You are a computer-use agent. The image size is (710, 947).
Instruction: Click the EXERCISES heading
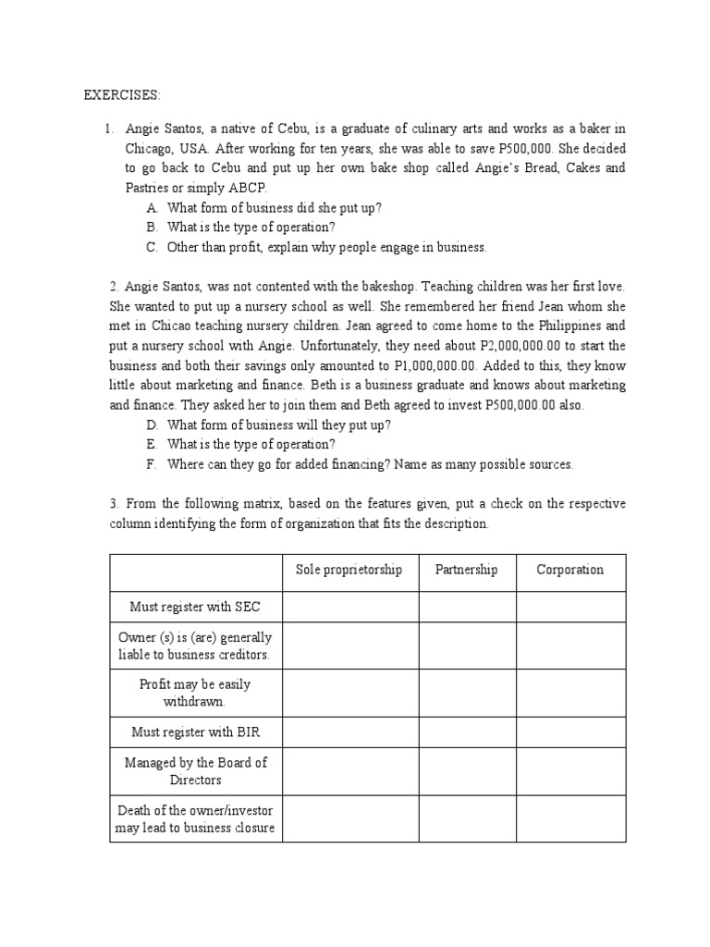[122, 95]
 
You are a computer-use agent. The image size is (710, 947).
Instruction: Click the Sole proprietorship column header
[349, 570]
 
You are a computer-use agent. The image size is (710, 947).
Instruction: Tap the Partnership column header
[466, 570]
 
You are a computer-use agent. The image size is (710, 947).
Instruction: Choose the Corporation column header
[569, 570]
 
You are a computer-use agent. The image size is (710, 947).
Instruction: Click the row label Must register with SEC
[195, 607]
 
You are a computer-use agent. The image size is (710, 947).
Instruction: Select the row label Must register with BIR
[195, 732]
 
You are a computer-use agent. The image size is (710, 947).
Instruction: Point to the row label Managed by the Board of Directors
[195, 771]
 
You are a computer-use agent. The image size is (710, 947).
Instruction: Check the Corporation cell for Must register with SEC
[570, 607]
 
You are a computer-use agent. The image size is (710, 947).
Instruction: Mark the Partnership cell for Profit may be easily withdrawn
[467, 692]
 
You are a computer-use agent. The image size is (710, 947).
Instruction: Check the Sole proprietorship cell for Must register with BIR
[349, 732]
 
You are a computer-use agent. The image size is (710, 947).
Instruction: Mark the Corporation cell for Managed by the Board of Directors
[570, 771]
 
